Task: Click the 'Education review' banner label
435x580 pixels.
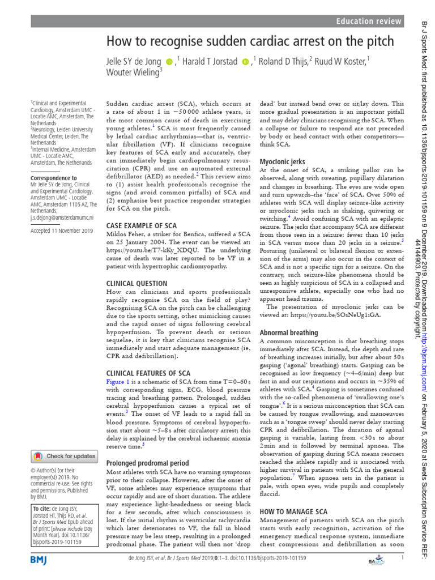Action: click(x=369, y=22)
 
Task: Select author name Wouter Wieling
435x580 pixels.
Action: click(x=133, y=72)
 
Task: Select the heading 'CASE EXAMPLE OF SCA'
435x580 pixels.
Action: click(x=142, y=225)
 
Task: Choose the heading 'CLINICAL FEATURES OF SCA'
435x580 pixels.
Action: click(x=148, y=373)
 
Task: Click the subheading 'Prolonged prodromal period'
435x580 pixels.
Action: click(x=148, y=463)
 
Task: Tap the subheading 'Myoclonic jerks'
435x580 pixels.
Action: click(x=282, y=161)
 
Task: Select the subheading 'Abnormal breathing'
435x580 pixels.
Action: click(x=288, y=332)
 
